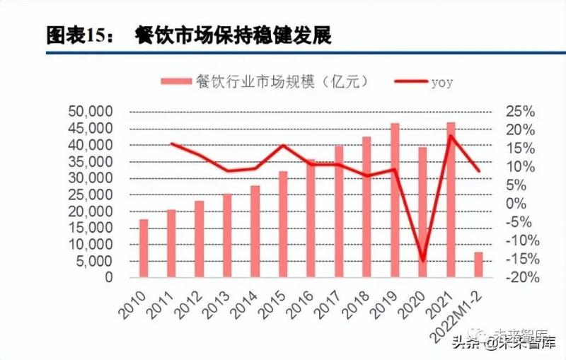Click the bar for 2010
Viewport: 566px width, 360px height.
click(x=144, y=249)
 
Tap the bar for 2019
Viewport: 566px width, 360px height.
click(x=395, y=200)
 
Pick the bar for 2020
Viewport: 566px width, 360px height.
click(x=422, y=212)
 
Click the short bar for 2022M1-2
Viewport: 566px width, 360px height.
click(x=478, y=265)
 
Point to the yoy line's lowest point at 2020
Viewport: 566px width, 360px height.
click(x=422, y=260)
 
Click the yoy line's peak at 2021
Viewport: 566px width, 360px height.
click(x=451, y=136)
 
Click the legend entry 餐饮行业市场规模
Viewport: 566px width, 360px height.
click(x=269, y=82)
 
